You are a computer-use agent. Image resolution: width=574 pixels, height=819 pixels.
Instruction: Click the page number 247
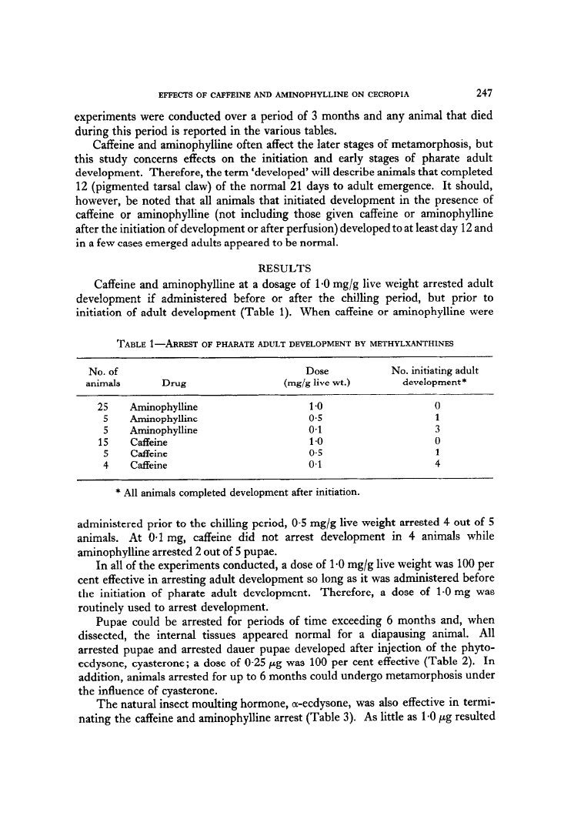point(484,95)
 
